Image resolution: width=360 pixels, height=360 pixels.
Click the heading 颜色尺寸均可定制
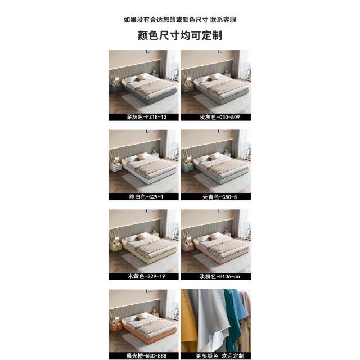pyautogui.click(x=180, y=35)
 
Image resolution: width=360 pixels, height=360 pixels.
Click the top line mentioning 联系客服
pyautogui.click(x=180, y=20)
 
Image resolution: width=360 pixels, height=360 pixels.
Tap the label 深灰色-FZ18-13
pyautogui.click(x=146, y=117)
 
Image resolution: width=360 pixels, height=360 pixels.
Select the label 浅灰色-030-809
pyautogui.click(x=219, y=117)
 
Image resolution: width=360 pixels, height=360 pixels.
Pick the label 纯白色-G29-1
pyautogui.click(x=146, y=197)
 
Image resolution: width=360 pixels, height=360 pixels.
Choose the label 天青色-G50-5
pyautogui.click(x=219, y=197)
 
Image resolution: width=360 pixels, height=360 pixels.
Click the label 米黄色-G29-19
pyautogui.click(x=146, y=276)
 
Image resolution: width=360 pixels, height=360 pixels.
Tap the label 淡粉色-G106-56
pyautogui.click(x=219, y=276)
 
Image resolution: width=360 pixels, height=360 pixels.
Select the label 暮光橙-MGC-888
pyautogui.click(x=146, y=356)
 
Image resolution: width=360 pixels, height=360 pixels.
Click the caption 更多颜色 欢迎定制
pyautogui.click(x=220, y=356)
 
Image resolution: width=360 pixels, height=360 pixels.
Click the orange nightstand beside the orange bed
pyautogui.click(x=116, y=327)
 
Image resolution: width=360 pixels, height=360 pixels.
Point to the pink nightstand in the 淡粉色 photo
pyautogui.click(x=188, y=247)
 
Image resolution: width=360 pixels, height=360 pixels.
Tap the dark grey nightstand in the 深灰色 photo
pyautogui.click(x=116, y=88)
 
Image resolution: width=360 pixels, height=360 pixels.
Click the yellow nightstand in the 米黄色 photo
pyautogui.click(x=116, y=247)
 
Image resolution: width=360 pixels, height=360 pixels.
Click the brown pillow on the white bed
pyautogui.click(x=141, y=157)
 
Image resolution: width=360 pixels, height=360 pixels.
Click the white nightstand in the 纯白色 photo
pyautogui.click(x=116, y=167)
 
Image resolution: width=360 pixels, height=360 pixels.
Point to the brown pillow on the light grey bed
pyautogui.click(x=213, y=78)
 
